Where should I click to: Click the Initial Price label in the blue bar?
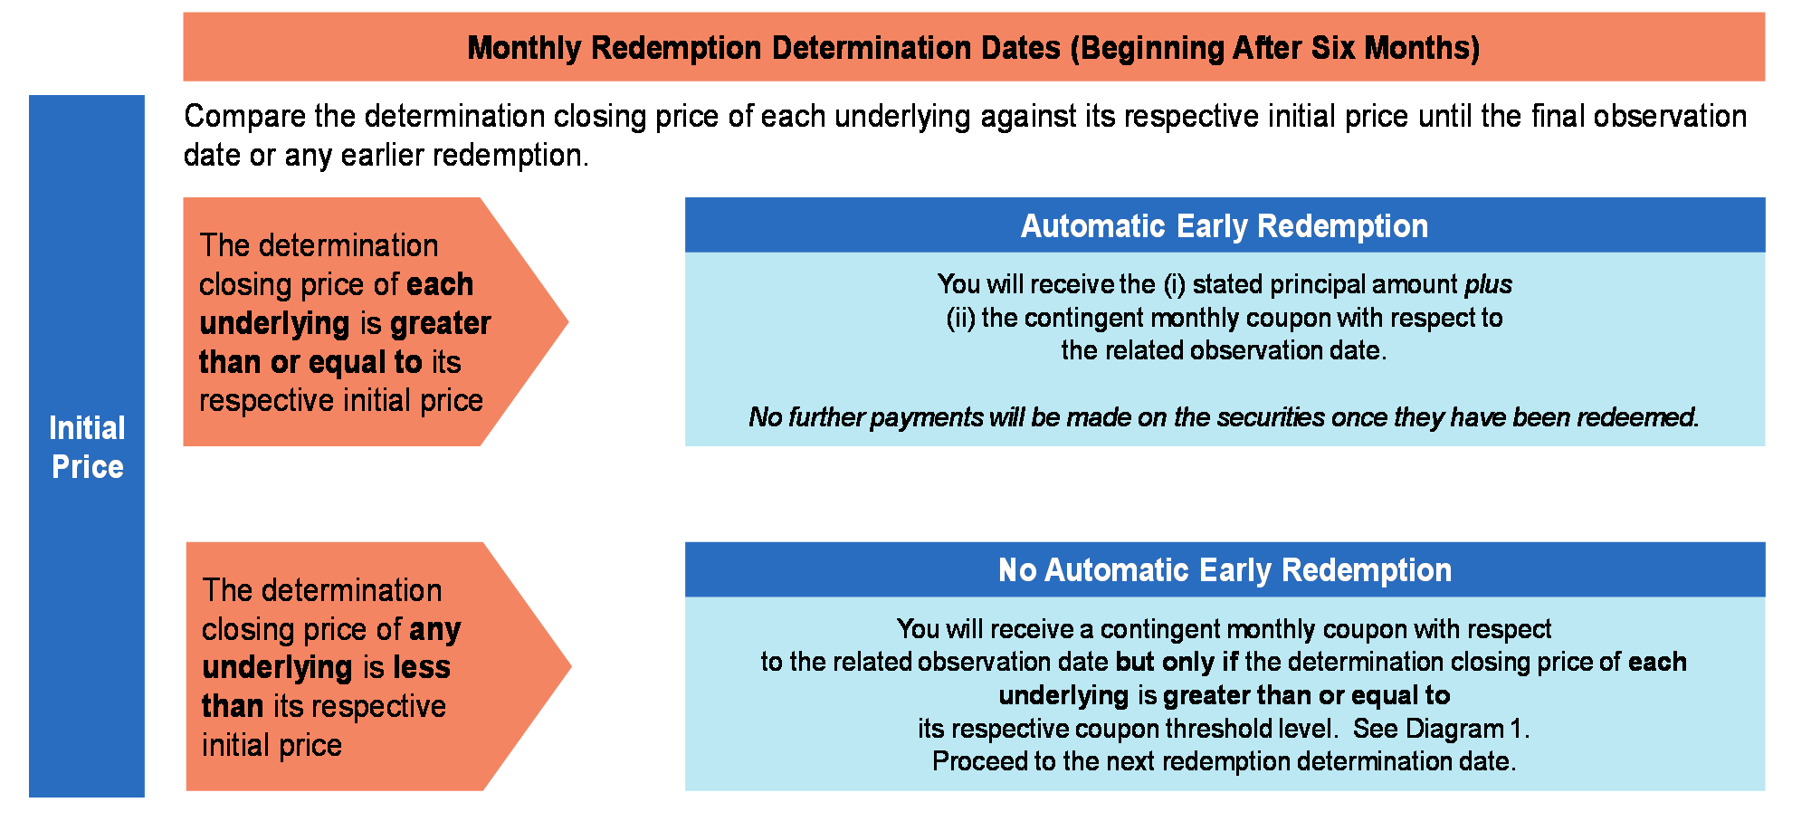click(87, 447)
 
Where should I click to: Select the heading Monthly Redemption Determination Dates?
click(764, 47)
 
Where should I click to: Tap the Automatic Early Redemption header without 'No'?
click(1225, 225)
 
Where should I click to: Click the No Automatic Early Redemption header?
click(1225, 569)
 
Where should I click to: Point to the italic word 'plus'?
click(1489, 284)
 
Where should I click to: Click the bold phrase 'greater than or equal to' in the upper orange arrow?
click(345, 342)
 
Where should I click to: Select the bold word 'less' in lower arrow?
click(422, 667)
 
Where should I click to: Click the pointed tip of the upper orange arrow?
click(568, 321)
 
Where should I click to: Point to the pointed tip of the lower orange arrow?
click(571, 666)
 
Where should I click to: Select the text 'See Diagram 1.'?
click(1441, 729)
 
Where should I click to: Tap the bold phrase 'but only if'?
click(1177, 662)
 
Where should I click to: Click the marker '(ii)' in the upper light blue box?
click(959, 318)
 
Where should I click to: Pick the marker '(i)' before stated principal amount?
click(1174, 284)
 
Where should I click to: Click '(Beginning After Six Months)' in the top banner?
click(1275, 47)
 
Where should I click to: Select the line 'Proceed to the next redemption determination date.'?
click(1224, 761)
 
